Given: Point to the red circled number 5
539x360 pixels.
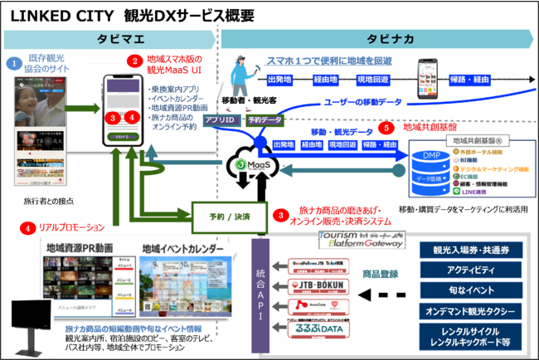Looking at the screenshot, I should [x=384, y=128].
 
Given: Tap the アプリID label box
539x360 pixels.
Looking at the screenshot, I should [x=219, y=120].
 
